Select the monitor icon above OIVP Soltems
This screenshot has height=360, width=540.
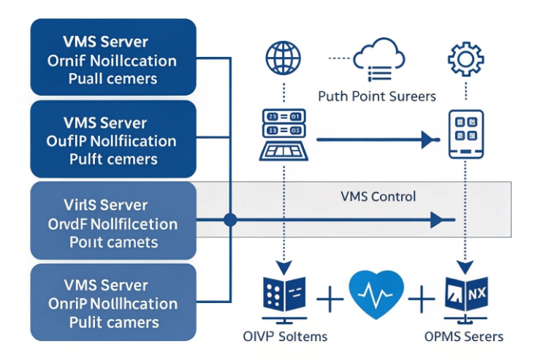(284, 296)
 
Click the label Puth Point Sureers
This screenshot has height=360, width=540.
(377, 96)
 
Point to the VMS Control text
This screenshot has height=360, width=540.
(378, 196)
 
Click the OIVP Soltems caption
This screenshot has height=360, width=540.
(284, 337)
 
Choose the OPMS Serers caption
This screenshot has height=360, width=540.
(464, 337)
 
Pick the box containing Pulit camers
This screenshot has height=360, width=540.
(113, 302)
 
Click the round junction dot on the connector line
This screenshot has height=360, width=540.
(231, 218)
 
